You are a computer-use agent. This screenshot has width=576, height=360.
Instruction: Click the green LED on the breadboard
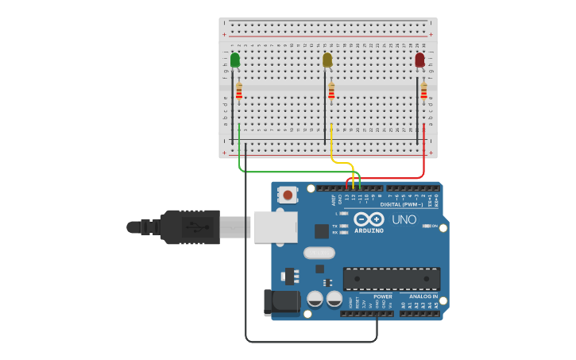click(x=235, y=60)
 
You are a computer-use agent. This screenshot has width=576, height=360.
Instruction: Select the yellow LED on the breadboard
click(x=327, y=60)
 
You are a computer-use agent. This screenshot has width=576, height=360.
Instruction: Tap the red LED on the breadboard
click(x=419, y=60)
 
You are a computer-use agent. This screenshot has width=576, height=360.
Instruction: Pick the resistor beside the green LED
click(x=238, y=92)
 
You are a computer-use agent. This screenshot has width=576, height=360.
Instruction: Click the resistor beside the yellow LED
click(x=331, y=92)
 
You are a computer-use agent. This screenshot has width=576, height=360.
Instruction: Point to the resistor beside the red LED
click(x=423, y=92)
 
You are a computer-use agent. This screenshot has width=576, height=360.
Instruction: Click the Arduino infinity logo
click(x=369, y=219)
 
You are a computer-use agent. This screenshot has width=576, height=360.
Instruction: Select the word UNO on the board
click(x=404, y=219)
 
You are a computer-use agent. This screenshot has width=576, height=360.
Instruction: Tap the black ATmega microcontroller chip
click(x=391, y=279)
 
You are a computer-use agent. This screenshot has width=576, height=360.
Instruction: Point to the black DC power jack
click(x=280, y=302)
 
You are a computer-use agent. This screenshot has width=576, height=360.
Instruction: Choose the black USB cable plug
click(x=191, y=226)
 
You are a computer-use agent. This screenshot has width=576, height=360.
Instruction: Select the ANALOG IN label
click(x=423, y=296)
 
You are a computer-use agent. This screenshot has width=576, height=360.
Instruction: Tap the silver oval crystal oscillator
click(x=319, y=253)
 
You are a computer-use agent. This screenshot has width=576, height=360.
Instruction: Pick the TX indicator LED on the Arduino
click(x=344, y=226)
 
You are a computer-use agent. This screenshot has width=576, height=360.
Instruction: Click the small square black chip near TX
click(x=321, y=231)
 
